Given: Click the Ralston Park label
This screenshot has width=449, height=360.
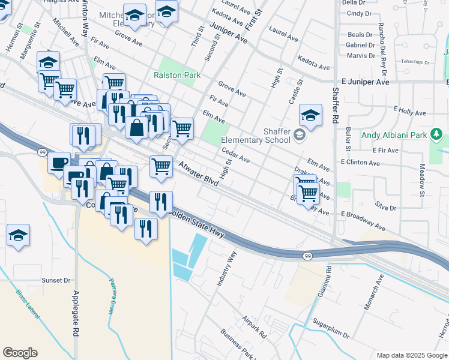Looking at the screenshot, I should coord(177,75).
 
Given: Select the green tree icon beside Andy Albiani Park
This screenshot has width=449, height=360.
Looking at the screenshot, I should coord(438,133).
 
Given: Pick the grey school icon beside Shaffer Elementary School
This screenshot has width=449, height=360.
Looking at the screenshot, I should coord(298,136).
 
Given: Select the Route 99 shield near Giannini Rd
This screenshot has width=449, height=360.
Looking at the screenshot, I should coord(307,256).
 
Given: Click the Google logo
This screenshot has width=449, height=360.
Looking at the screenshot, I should coord(20,353).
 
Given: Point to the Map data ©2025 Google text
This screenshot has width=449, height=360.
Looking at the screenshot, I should coord(412,355).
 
